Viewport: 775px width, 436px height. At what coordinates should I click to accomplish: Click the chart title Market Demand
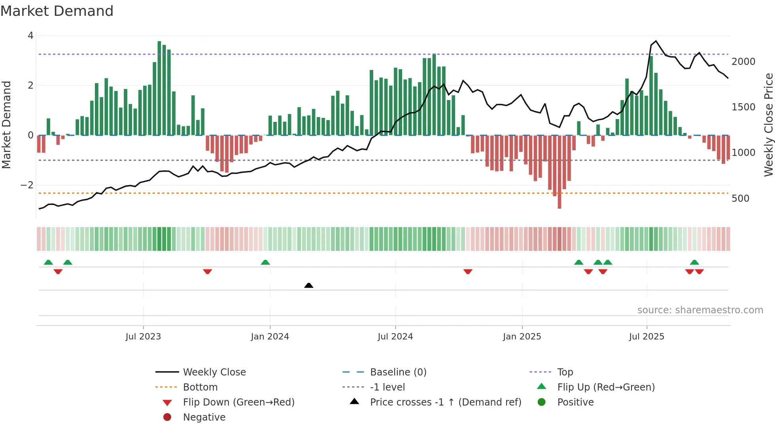[x=57, y=11]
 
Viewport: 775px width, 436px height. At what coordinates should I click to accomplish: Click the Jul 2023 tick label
[x=143, y=337]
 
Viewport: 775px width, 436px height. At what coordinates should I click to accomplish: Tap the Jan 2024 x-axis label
[x=270, y=337]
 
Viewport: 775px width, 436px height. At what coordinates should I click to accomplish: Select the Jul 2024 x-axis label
[x=395, y=337]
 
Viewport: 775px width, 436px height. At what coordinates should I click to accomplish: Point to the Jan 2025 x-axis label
[x=522, y=337]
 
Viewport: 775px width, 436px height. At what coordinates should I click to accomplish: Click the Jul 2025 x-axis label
[x=646, y=337]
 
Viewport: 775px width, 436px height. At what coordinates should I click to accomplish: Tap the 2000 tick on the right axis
[x=743, y=62]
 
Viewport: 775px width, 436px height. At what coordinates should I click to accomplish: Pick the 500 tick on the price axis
[x=740, y=199]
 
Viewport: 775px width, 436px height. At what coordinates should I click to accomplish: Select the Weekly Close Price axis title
[x=768, y=125]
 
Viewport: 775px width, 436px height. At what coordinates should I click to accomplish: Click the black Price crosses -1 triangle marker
[x=309, y=285]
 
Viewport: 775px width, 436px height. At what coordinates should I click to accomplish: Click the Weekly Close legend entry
[x=214, y=372]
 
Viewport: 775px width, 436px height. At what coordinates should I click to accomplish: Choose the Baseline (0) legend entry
[x=398, y=372]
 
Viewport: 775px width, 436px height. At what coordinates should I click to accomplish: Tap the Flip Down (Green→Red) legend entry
[x=238, y=402]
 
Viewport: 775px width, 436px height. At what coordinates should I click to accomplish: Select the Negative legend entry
[x=204, y=417]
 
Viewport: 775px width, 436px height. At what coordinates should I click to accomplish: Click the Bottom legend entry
[x=200, y=387]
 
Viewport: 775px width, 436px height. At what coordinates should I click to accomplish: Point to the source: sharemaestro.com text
[x=700, y=310]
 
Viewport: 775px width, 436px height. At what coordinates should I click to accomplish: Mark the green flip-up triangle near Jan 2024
[x=265, y=262]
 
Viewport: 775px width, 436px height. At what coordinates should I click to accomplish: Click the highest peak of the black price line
[x=656, y=41]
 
